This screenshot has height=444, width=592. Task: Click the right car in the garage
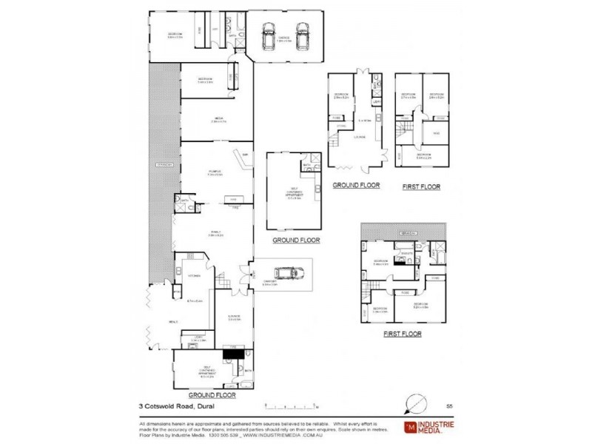[302, 35]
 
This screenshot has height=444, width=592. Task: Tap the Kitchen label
[194, 275]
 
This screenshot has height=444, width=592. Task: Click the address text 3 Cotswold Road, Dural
[172, 405]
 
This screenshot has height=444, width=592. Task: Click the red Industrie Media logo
[408, 427]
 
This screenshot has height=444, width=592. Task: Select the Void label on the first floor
[437, 133]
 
